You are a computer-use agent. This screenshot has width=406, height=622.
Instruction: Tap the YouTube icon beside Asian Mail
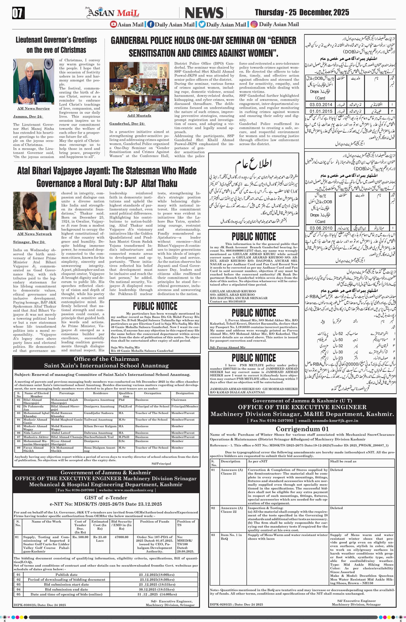point(113,25)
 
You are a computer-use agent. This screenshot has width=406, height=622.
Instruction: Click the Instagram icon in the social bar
point(254,25)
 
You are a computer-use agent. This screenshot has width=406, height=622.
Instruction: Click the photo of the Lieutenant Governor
point(33,82)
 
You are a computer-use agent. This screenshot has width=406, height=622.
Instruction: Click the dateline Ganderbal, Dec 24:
point(127,124)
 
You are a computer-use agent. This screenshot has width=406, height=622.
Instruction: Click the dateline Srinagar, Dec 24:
point(29,242)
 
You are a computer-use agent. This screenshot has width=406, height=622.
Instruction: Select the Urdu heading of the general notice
point(253,164)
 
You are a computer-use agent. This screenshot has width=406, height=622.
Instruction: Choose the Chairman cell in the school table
point(179,400)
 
